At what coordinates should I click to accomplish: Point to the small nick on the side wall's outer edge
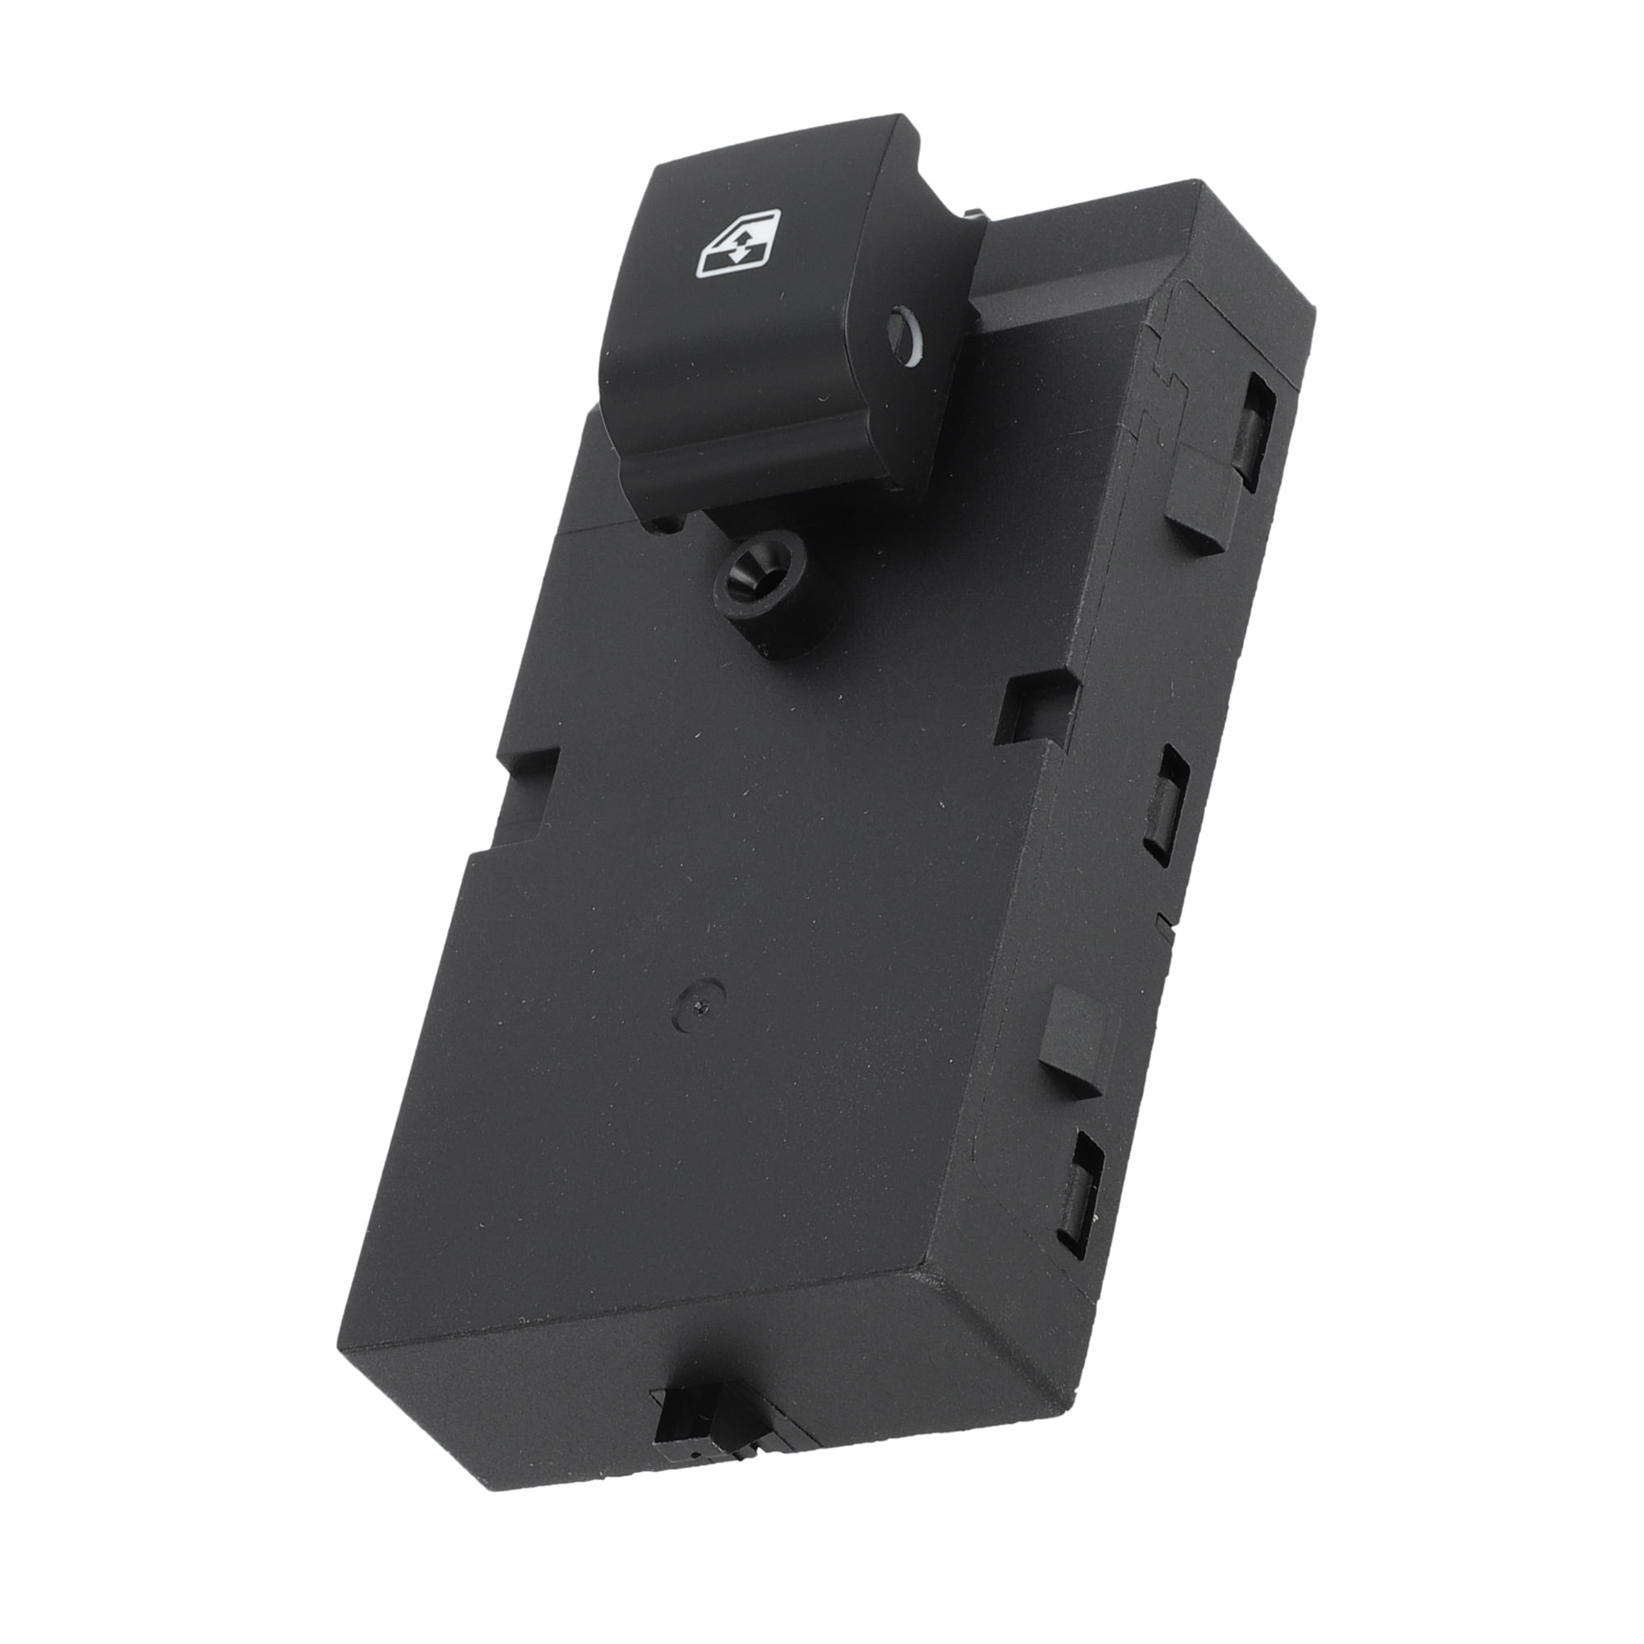1161,921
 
